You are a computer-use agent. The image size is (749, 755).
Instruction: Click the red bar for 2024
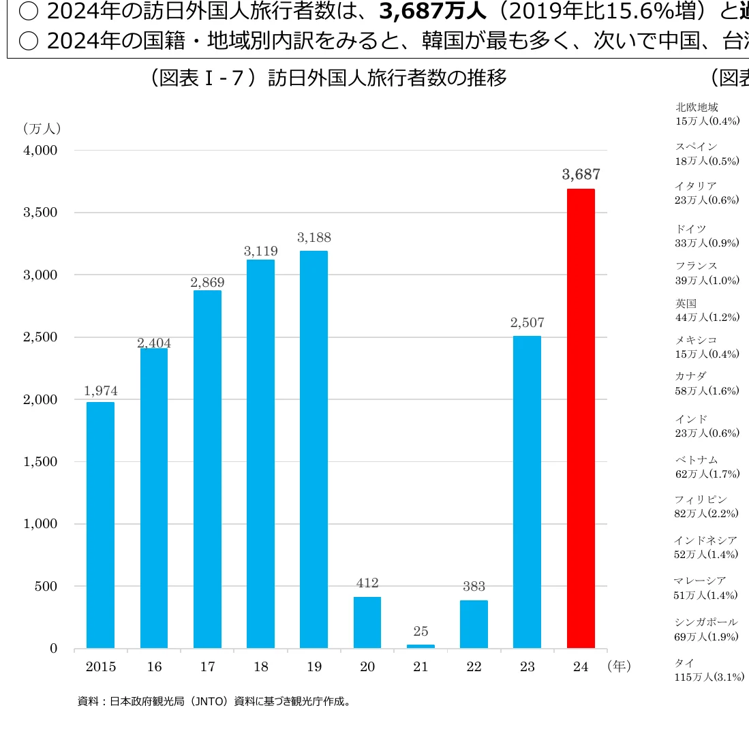pyautogui.click(x=581, y=418)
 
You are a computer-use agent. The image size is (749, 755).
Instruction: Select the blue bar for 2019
pyautogui.click(x=314, y=450)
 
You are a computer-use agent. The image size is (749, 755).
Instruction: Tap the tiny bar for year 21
pyautogui.click(x=421, y=645)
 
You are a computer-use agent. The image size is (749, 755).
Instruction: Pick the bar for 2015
pyautogui.click(x=100, y=525)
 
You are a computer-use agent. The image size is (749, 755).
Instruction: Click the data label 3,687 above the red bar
pyautogui.click(x=581, y=174)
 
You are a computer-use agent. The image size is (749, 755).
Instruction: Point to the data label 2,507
pyautogui.click(x=528, y=322)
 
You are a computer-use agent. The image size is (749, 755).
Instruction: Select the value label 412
pyautogui.click(x=367, y=583)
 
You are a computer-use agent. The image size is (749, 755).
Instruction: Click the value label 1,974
pyautogui.click(x=101, y=391)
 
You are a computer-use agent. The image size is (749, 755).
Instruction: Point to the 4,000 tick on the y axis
pyautogui.click(x=41, y=150)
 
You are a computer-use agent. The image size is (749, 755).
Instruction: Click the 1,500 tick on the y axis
pyautogui.click(x=41, y=461)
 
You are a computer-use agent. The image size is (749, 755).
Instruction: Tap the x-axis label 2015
pyautogui.click(x=101, y=666)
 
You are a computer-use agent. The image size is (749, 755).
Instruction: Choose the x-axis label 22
pyautogui.click(x=474, y=666)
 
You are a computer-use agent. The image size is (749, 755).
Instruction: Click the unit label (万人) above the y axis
pyautogui.click(x=42, y=128)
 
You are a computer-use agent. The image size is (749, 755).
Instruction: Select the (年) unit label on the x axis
pyautogui.click(x=619, y=666)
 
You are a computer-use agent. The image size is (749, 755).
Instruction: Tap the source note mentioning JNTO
pyautogui.click(x=215, y=701)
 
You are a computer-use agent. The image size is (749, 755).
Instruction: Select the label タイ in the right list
pyautogui.click(x=685, y=662)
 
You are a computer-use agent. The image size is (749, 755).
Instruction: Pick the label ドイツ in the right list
pyautogui.click(x=690, y=229)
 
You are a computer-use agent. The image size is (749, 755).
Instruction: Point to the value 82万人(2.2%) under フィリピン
pyautogui.click(x=706, y=514)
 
